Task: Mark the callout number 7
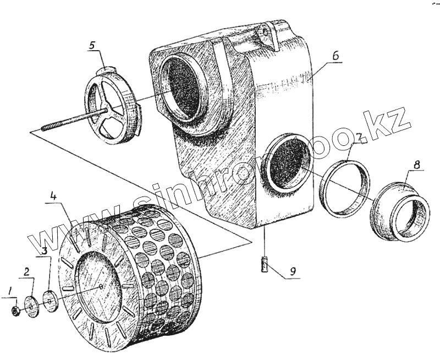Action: point(358,137)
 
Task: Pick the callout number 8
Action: point(417,165)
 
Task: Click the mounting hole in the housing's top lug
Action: point(267,32)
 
